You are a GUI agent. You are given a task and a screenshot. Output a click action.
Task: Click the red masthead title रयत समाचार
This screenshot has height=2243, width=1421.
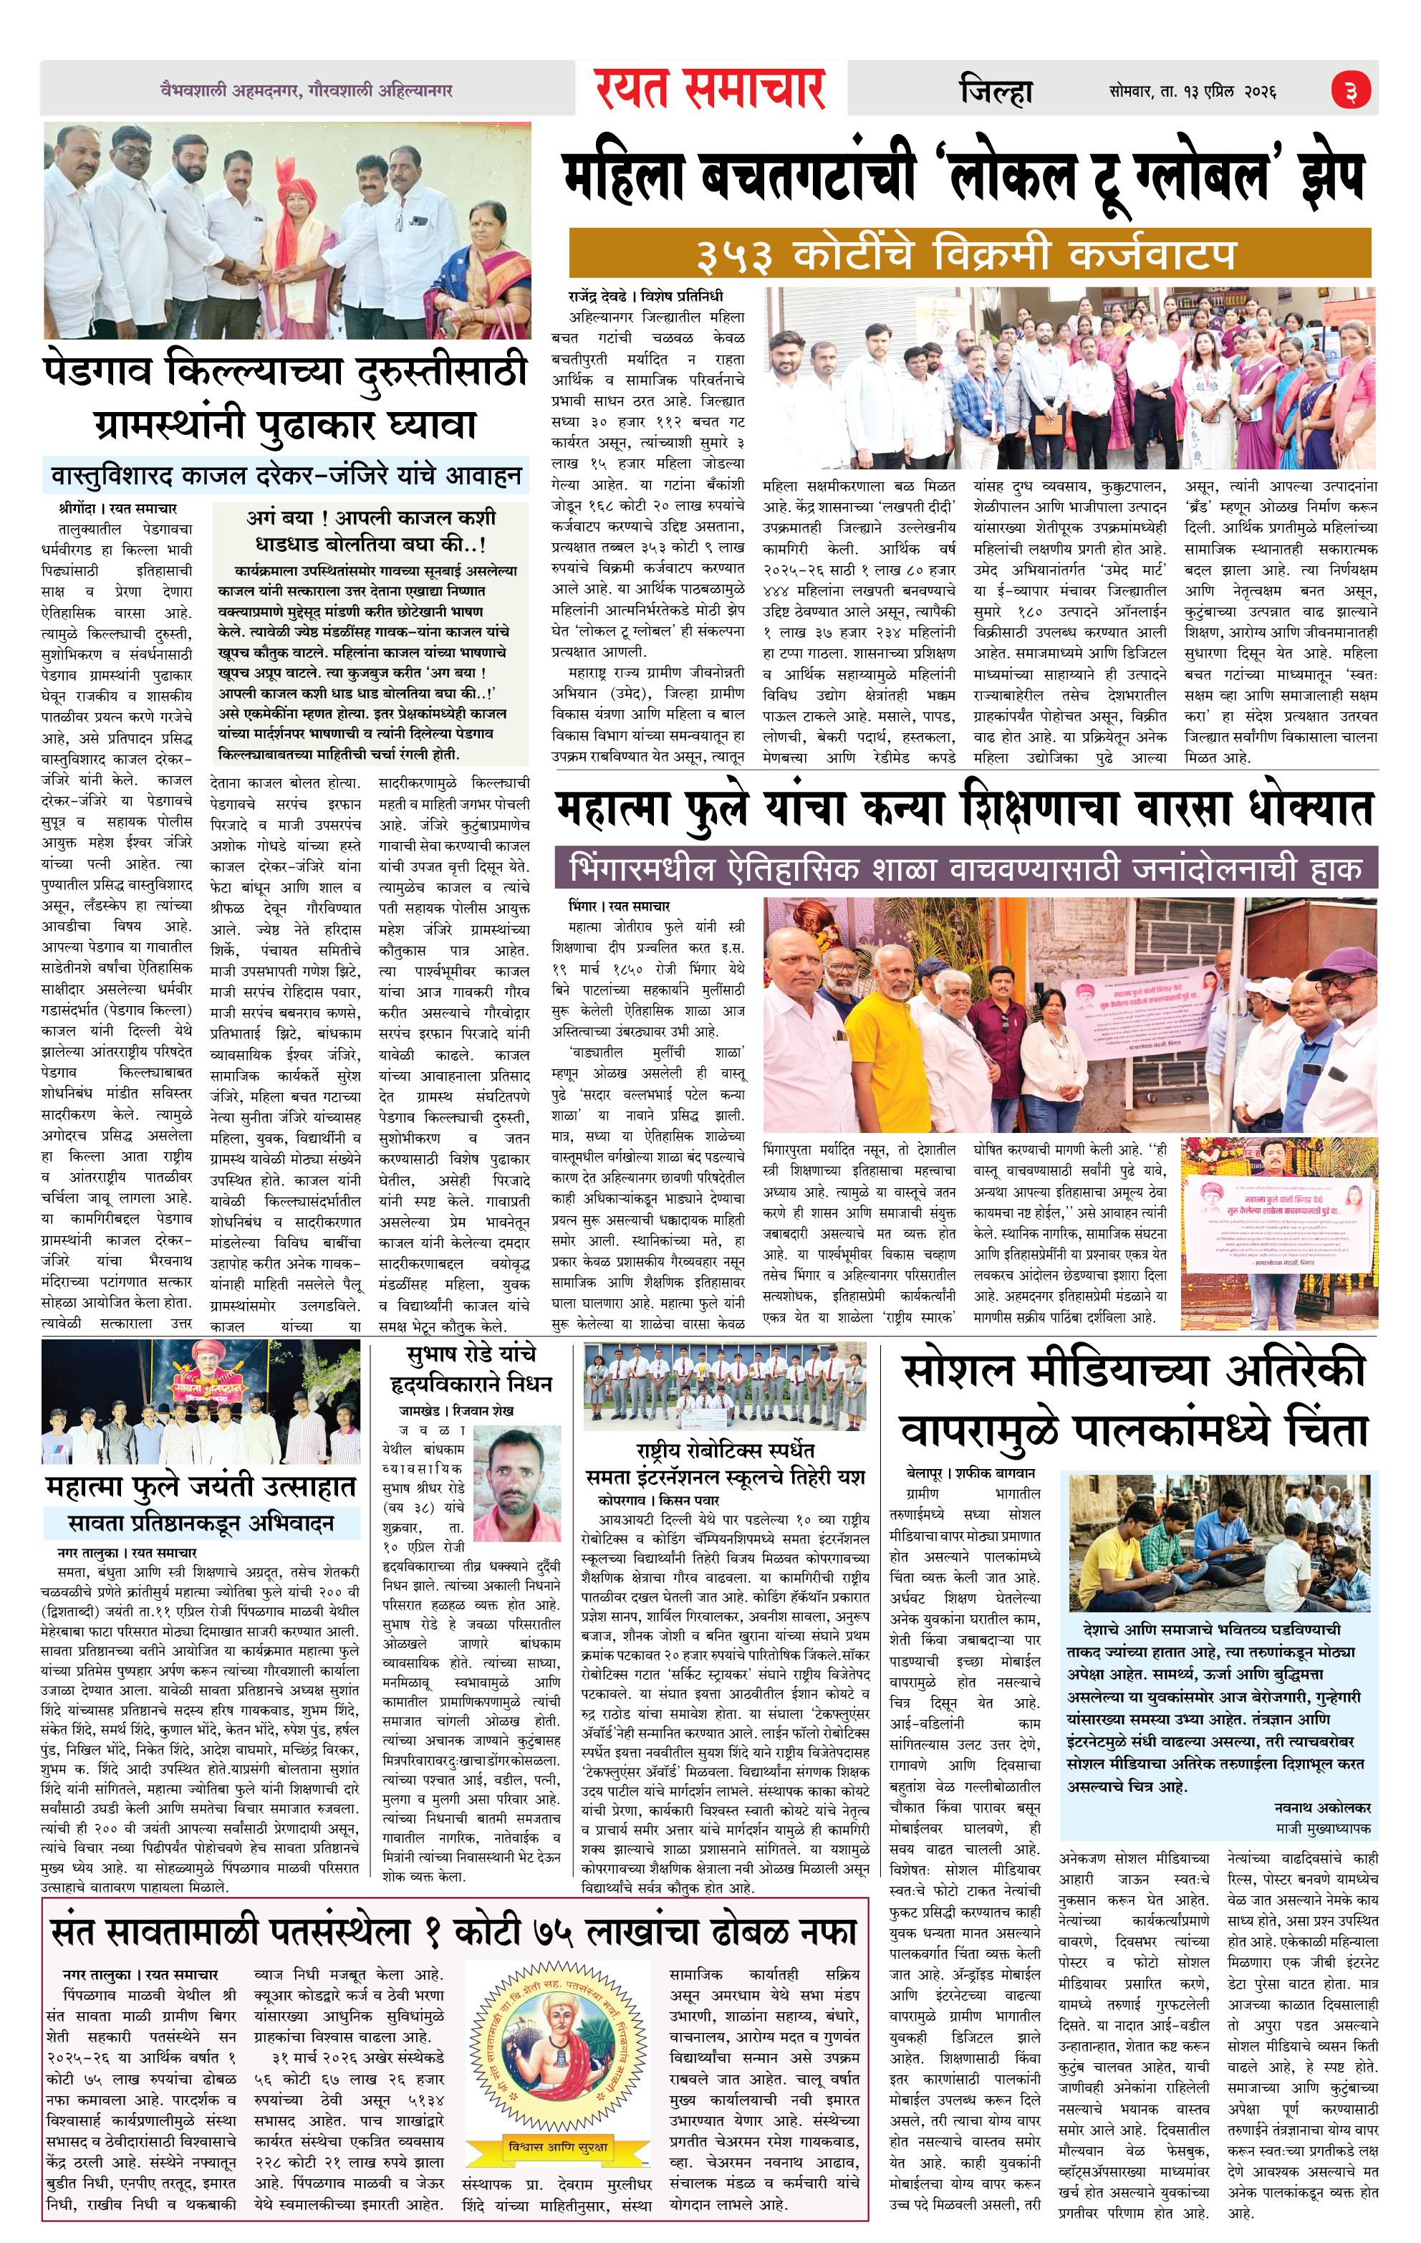click(x=710, y=90)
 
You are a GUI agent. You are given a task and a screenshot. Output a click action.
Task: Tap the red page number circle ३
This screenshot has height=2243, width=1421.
click(x=1350, y=90)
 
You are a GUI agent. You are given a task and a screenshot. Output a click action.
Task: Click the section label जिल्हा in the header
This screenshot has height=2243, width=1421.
click(x=996, y=91)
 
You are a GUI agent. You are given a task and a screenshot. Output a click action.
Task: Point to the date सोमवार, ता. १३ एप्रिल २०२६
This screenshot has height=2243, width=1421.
click(x=1192, y=91)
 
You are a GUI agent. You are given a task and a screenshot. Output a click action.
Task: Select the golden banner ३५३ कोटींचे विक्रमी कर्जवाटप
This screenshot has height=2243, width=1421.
click(x=969, y=254)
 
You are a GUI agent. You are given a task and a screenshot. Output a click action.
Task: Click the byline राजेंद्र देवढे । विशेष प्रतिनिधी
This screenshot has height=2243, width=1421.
click(x=645, y=296)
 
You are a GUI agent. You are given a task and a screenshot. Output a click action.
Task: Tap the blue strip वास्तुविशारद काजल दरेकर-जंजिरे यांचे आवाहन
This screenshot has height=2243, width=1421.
click(x=285, y=476)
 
